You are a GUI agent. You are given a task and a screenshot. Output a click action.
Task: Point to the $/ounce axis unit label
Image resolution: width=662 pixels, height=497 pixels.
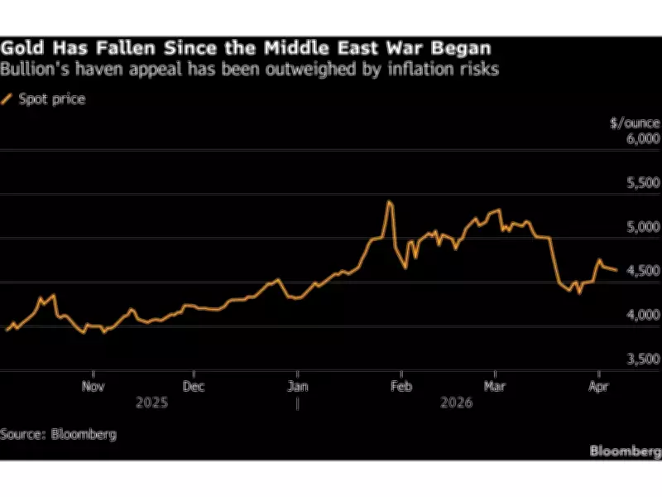coord(635,123)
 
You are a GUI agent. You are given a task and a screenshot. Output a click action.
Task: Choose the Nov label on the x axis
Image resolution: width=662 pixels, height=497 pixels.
coord(94,386)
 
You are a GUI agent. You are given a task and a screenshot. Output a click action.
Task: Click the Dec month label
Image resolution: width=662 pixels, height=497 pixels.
coord(194,386)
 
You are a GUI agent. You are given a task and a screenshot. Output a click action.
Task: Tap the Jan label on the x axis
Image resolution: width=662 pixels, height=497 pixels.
coord(298,386)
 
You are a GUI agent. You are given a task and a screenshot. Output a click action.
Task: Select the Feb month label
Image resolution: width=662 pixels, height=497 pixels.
coord(401,386)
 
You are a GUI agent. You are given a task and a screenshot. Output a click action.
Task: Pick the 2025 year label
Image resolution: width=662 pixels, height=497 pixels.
coord(153,403)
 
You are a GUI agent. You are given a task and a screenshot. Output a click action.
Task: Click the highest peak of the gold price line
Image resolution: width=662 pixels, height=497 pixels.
coord(389,202)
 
